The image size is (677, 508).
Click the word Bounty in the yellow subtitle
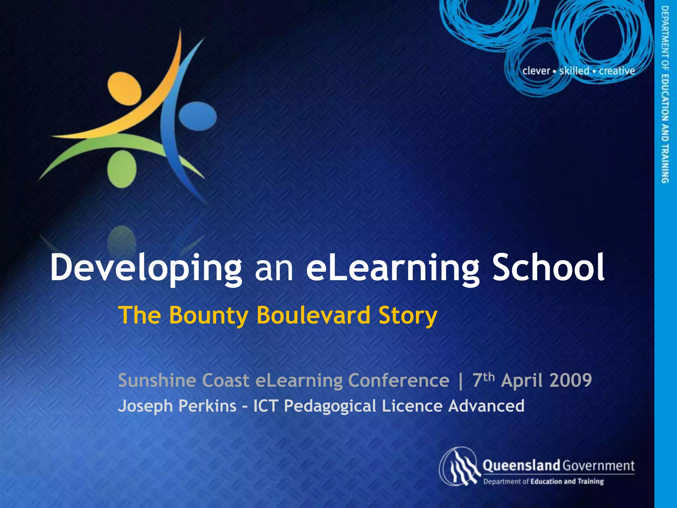click(208, 316)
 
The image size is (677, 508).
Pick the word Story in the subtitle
click(408, 316)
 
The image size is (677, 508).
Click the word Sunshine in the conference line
click(155, 380)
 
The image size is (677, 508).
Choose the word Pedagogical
click(330, 406)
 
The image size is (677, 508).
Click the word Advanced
click(486, 406)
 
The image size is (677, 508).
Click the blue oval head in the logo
click(198, 116)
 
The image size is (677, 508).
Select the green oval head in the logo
click(122, 169)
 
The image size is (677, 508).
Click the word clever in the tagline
click(536, 71)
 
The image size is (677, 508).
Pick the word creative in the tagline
click(617, 71)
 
